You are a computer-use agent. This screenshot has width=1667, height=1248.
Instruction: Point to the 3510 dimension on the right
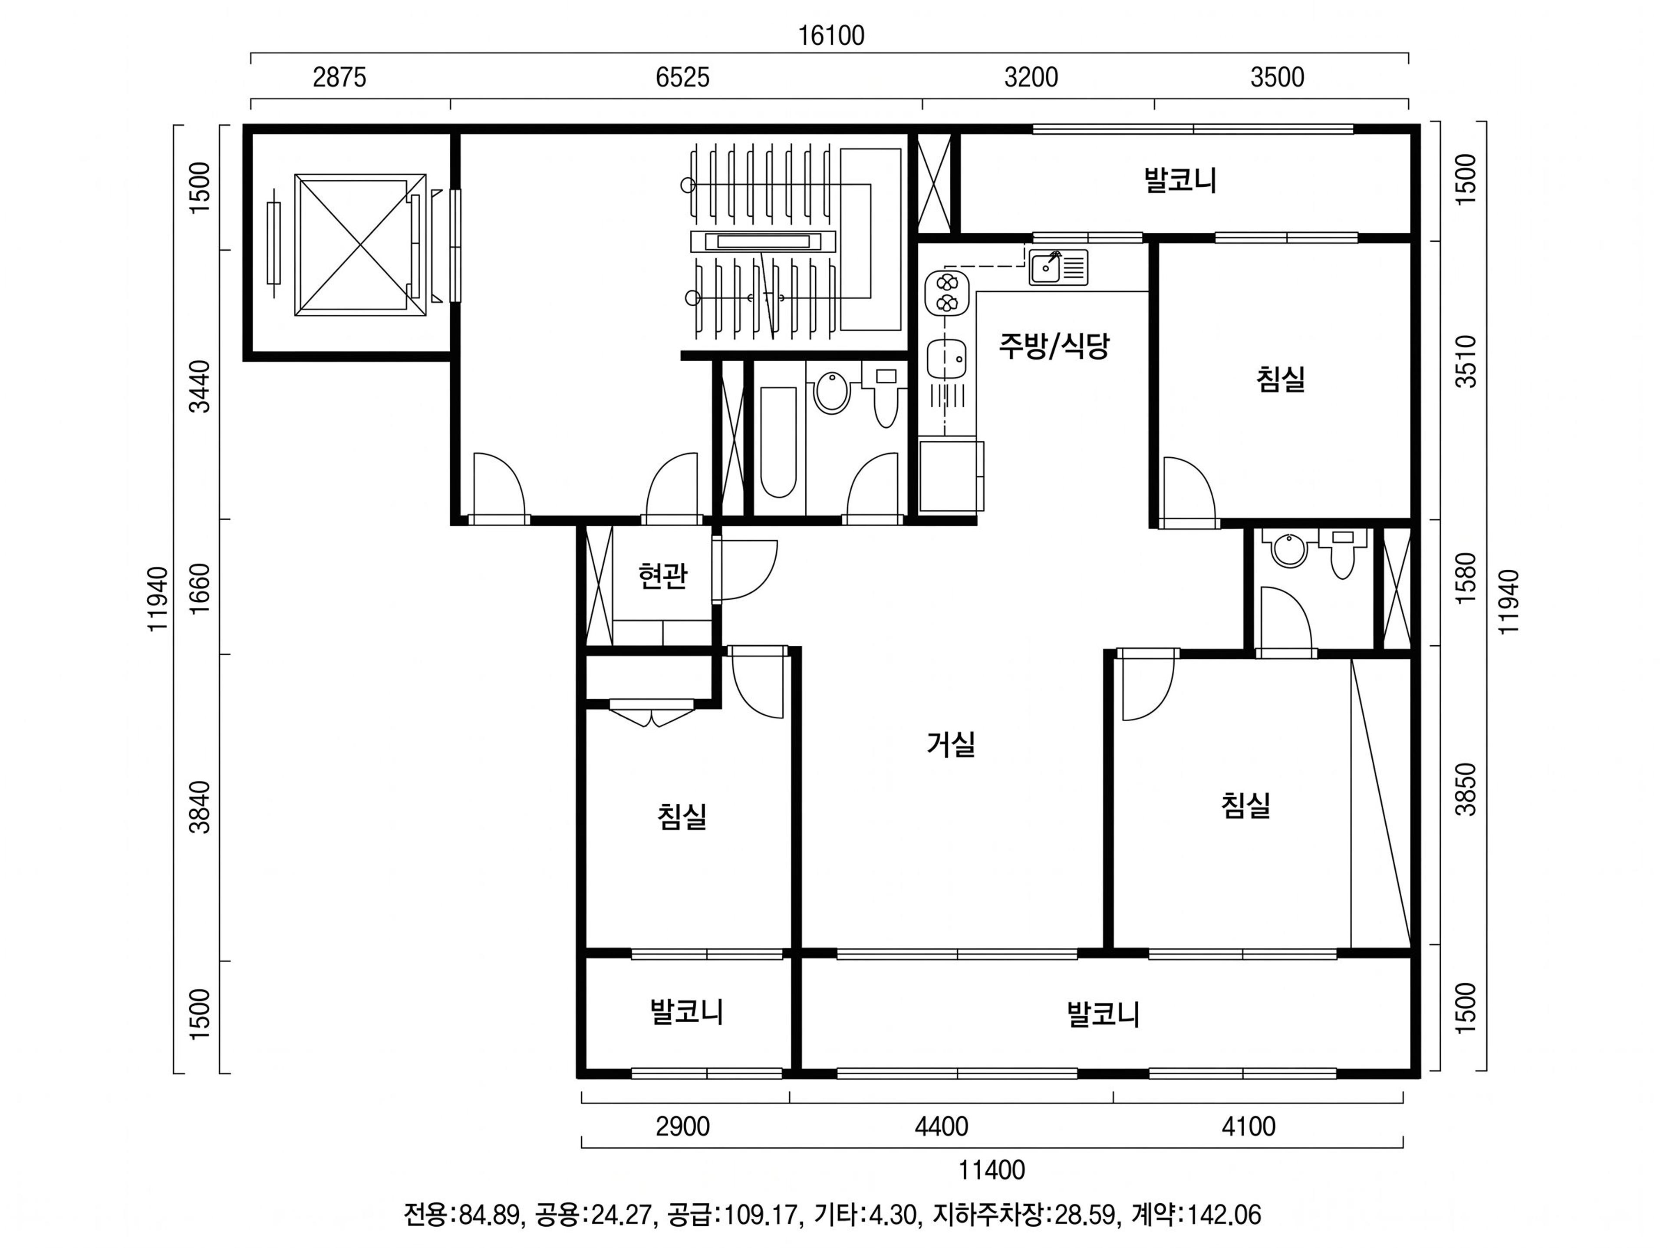pyautogui.click(x=1466, y=362)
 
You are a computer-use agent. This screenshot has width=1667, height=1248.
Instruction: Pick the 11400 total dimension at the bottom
pyautogui.click(x=992, y=1170)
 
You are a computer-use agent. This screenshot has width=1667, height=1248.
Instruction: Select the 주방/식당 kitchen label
pyautogui.click(x=1054, y=346)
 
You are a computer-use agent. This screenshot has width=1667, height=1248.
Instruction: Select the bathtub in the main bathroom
pyautogui.click(x=778, y=442)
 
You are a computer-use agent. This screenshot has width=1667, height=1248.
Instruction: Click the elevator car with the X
pyautogui.click(x=360, y=245)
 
